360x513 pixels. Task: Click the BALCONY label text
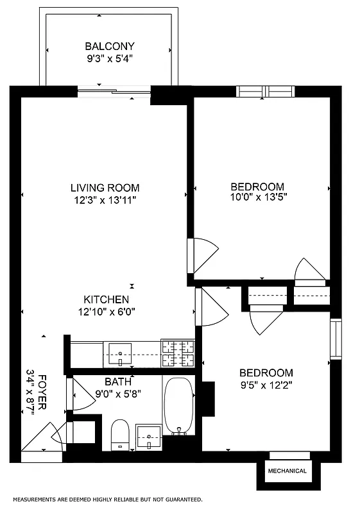click(x=110, y=46)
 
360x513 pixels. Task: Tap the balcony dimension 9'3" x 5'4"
click(x=110, y=58)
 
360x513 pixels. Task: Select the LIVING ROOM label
click(x=105, y=188)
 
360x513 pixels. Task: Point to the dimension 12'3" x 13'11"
click(x=105, y=199)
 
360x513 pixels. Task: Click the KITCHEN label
click(x=107, y=299)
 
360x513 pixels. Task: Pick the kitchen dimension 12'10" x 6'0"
click(x=107, y=312)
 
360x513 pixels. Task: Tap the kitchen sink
click(x=120, y=352)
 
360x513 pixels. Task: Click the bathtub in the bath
click(x=178, y=405)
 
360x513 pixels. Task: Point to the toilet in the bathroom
click(x=121, y=434)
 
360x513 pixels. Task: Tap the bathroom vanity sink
click(x=150, y=438)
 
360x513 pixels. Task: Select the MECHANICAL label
click(x=287, y=471)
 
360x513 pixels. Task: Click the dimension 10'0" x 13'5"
click(x=257, y=198)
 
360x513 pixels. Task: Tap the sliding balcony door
click(x=114, y=92)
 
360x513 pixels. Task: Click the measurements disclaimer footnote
click(x=108, y=498)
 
